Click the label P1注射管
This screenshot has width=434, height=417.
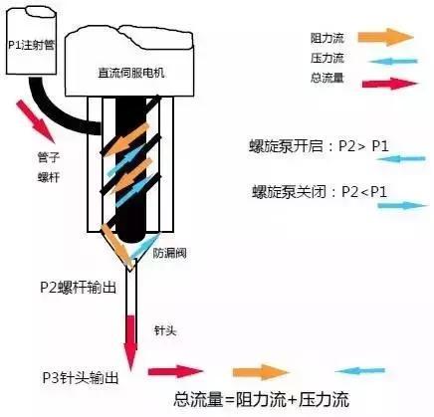[31, 45]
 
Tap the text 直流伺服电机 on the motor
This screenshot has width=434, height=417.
[131, 73]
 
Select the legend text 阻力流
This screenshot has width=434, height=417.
[326, 38]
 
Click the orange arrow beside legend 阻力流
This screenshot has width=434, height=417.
[386, 37]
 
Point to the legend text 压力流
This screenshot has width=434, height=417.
[326, 58]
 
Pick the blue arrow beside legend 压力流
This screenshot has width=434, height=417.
[392, 62]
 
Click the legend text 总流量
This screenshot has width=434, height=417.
[326, 78]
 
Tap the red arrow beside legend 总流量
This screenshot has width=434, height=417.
[390, 84]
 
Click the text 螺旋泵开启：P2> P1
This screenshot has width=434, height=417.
[319, 146]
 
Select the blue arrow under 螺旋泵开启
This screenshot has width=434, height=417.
[401, 159]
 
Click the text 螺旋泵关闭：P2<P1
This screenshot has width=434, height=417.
[320, 192]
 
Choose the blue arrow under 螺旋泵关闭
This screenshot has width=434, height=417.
[402, 205]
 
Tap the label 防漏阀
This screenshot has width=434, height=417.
[169, 253]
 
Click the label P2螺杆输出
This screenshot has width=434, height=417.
[79, 287]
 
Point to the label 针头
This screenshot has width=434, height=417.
[165, 330]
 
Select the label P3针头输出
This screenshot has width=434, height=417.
[81, 377]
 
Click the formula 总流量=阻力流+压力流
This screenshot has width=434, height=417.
[261, 399]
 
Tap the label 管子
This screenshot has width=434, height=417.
[49, 157]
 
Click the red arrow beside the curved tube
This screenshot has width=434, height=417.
[36, 121]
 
